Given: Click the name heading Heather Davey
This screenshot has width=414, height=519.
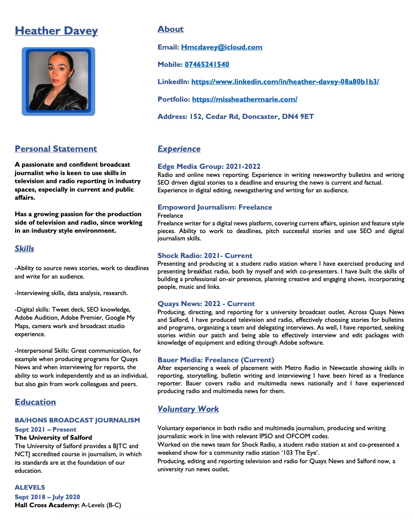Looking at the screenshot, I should coord(56,31).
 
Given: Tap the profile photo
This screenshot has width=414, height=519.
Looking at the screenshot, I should coord(58,81).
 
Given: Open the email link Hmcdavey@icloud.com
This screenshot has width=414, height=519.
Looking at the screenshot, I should coord(222,47).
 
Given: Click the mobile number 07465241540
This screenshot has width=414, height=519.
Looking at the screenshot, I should coord(207,64).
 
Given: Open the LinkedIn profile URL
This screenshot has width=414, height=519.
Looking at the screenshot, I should coord(285,81).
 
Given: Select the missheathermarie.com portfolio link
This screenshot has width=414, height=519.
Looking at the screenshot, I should coord(245,99).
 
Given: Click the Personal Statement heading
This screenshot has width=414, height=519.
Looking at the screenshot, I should coord(56,149).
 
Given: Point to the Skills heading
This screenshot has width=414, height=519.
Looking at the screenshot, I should coord(24,248).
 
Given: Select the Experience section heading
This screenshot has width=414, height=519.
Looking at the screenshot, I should coord(179,149).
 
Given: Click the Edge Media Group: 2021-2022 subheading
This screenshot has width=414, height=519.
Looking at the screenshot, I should coord(209,166).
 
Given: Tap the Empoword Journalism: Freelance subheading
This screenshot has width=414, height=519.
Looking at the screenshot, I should coord(215,207).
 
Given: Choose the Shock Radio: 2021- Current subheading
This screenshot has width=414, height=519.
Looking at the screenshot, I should coord(205,255).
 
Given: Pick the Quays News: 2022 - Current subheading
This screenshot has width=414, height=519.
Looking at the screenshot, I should coord(206,304).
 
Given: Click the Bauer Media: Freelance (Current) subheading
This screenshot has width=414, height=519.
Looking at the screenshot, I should coord(216,360).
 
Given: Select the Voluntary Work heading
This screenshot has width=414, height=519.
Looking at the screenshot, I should coord(188,409).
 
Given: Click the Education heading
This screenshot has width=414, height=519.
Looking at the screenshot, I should coord(35,402).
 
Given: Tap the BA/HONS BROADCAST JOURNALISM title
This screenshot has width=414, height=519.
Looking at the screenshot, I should coord(77,420).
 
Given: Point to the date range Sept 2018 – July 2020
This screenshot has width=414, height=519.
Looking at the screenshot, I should coord(47,497).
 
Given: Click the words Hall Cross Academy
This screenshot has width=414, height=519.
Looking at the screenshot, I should coord(47,505).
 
